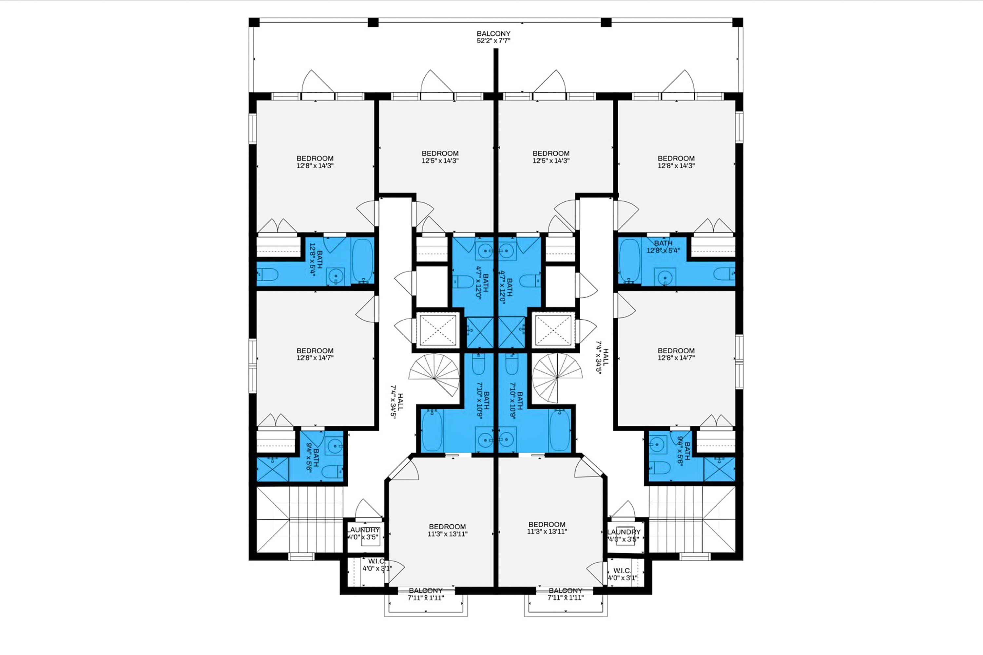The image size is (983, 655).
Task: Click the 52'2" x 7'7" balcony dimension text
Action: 493,41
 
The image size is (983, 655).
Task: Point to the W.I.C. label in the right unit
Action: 622,571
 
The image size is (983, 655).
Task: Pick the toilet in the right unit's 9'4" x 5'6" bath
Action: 660,468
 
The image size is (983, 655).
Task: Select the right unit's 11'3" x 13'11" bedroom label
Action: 547,528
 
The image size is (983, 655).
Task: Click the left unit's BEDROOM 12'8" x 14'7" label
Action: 315,354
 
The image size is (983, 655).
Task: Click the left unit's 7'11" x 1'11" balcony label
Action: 426,594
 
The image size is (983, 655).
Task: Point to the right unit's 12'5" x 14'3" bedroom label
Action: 551,157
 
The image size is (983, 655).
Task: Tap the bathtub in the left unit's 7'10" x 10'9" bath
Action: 431,430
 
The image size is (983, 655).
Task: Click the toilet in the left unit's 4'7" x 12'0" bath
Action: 463,282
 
